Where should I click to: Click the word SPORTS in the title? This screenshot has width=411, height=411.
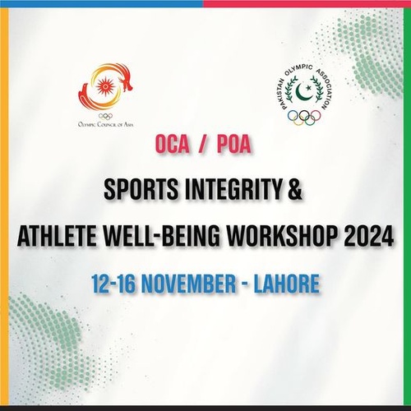click(x=142, y=192)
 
